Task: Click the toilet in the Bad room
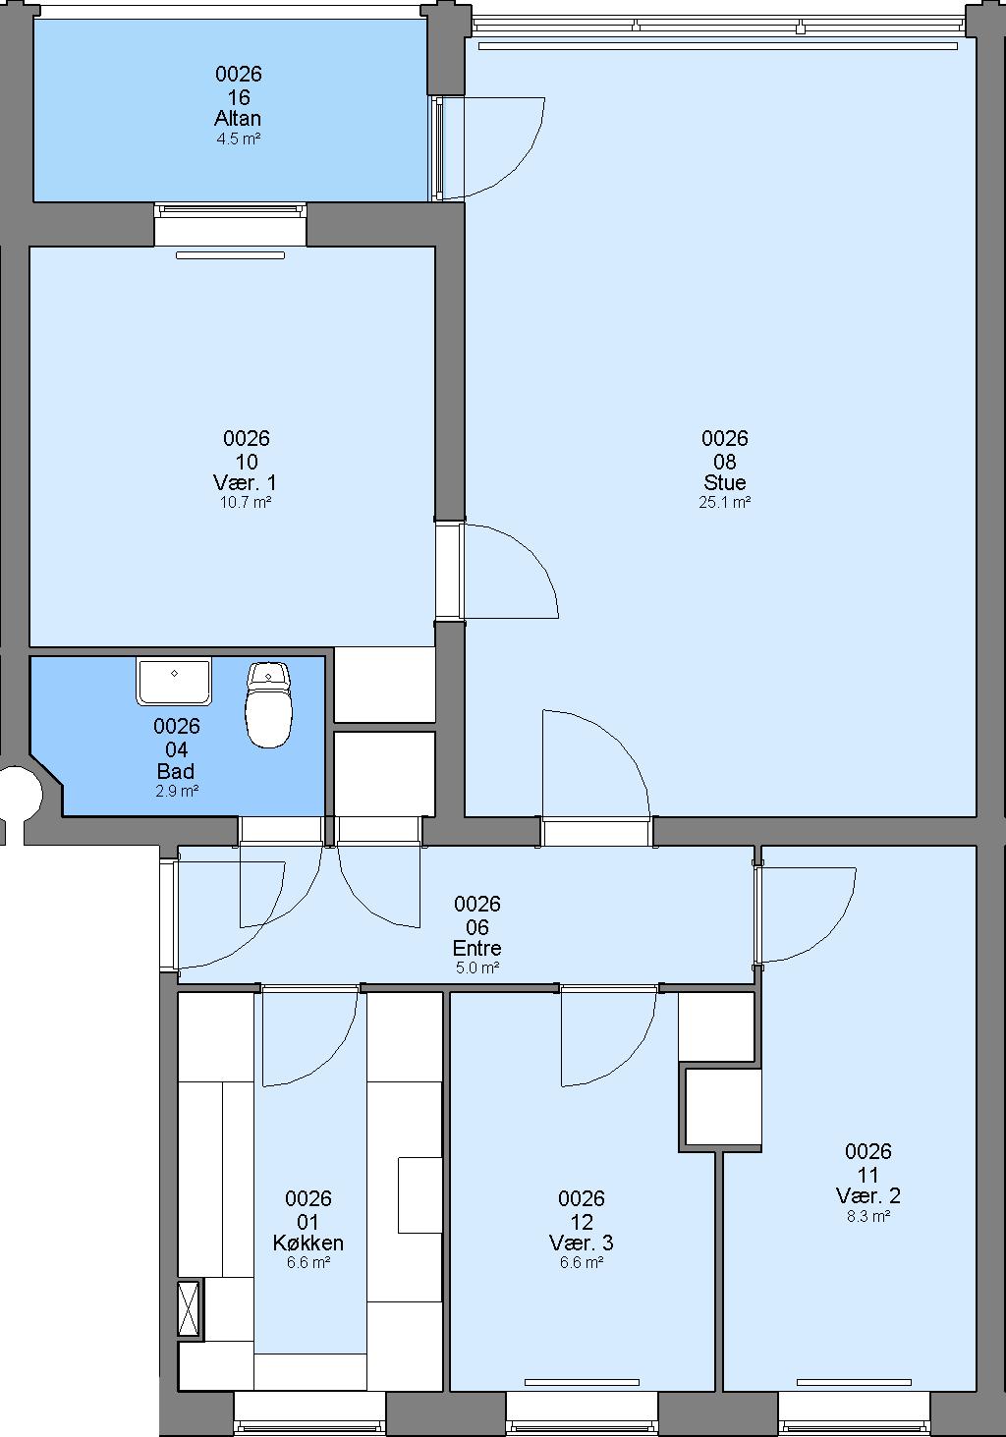pyautogui.click(x=269, y=704)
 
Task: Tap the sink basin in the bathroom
pyautogui.click(x=174, y=681)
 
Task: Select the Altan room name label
pyautogui.click(x=238, y=118)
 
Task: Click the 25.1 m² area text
pyautogui.click(x=724, y=502)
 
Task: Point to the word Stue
pyautogui.click(x=724, y=481)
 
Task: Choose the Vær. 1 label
pyautogui.click(x=245, y=481)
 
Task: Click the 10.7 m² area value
pyautogui.click(x=246, y=502)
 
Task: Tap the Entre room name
pyautogui.click(x=476, y=948)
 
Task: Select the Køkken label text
pyautogui.click(x=307, y=1243)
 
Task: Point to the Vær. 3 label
pyautogui.click(x=582, y=1243)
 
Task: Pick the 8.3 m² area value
pyautogui.click(x=868, y=1216)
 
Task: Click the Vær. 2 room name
pyautogui.click(x=868, y=1195)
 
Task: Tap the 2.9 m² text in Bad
pyautogui.click(x=177, y=791)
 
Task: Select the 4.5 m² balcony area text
pyautogui.click(x=238, y=138)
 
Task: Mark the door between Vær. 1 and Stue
pyautogui.click(x=510, y=571)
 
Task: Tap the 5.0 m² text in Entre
pyautogui.click(x=477, y=968)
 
